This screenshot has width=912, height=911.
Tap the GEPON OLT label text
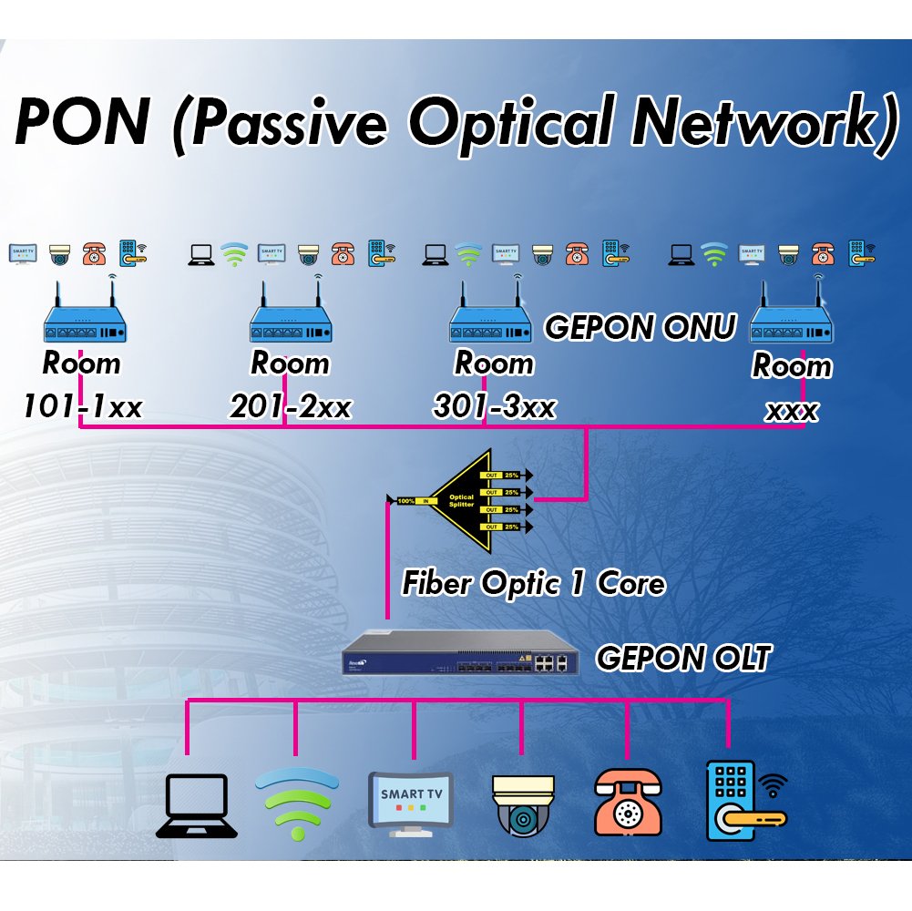tap(682, 657)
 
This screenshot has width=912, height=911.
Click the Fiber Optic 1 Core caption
tap(533, 582)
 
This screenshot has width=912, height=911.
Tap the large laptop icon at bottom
tap(197, 805)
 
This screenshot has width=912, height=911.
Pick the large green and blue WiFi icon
tap(297, 803)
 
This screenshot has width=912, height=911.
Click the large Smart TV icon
tap(409, 803)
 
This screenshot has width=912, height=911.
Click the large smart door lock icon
tap(740, 801)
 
